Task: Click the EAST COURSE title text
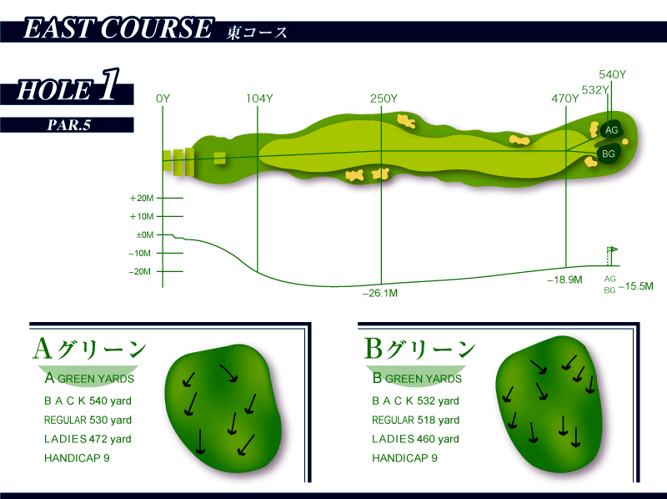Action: pos(117,31)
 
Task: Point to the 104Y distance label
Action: pos(259,98)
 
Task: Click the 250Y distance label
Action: pos(384,98)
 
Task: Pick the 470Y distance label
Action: pos(564,98)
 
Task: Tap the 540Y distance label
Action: pos(612,75)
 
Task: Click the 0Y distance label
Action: pos(163,98)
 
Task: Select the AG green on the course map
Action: pos(611,130)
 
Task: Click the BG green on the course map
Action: pos(609,154)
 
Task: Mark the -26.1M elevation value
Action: pos(380,293)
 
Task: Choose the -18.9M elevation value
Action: pos(564,280)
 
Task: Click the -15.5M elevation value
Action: pos(636,286)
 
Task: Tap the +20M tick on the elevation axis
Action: pos(143,199)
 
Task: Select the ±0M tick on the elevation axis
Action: pos(144,235)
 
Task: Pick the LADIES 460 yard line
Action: pos(415,439)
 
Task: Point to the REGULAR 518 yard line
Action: pos(415,421)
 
